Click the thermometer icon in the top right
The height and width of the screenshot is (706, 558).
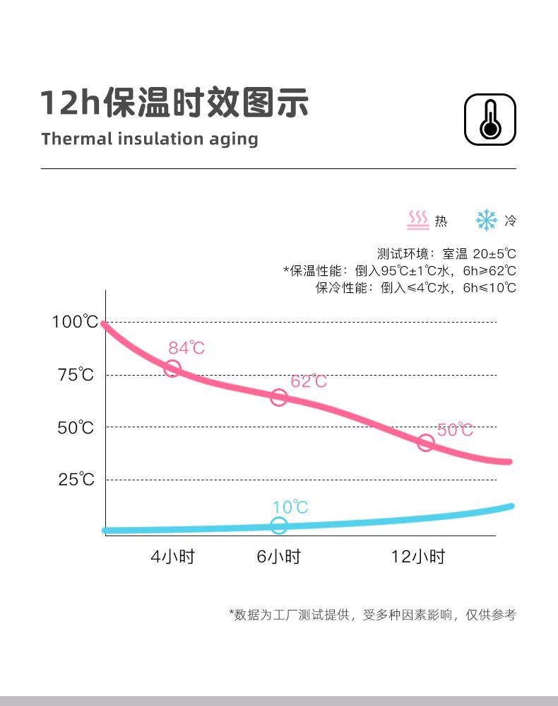pyautogui.click(x=490, y=119)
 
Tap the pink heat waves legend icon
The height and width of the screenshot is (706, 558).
pyautogui.click(x=419, y=220)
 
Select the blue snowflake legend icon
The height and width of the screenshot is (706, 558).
pyautogui.click(x=487, y=220)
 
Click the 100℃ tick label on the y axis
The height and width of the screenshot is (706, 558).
pyautogui.click(x=75, y=322)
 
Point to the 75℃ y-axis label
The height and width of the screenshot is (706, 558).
pyautogui.click(x=76, y=375)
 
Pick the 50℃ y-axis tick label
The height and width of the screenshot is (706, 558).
pyautogui.click(x=76, y=427)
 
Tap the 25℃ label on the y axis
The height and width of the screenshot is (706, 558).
pyautogui.click(x=76, y=480)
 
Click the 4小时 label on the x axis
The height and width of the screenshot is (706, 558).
pyautogui.click(x=172, y=557)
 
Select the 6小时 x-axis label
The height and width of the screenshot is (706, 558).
pyautogui.click(x=278, y=557)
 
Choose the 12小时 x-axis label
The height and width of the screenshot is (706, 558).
pyautogui.click(x=418, y=557)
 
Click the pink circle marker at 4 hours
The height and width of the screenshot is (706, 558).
pyautogui.click(x=172, y=369)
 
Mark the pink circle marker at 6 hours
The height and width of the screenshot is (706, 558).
pyautogui.click(x=279, y=398)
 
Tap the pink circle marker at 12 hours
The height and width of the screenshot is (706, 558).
pyautogui.click(x=425, y=444)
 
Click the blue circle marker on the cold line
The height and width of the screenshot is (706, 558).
pyautogui.click(x=279, y=526)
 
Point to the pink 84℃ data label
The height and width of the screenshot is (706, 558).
pyautogui.click(x=186, y=347)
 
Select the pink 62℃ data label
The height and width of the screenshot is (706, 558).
pyautogui.click(x=309, y=381)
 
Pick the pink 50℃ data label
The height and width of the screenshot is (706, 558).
pyautogui.click(x=455, y=429)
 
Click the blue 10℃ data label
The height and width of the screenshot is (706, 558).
pyautogui.click(x=290, y=507)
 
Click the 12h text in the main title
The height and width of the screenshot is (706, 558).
pyautogui.click(x=69, y=103)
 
